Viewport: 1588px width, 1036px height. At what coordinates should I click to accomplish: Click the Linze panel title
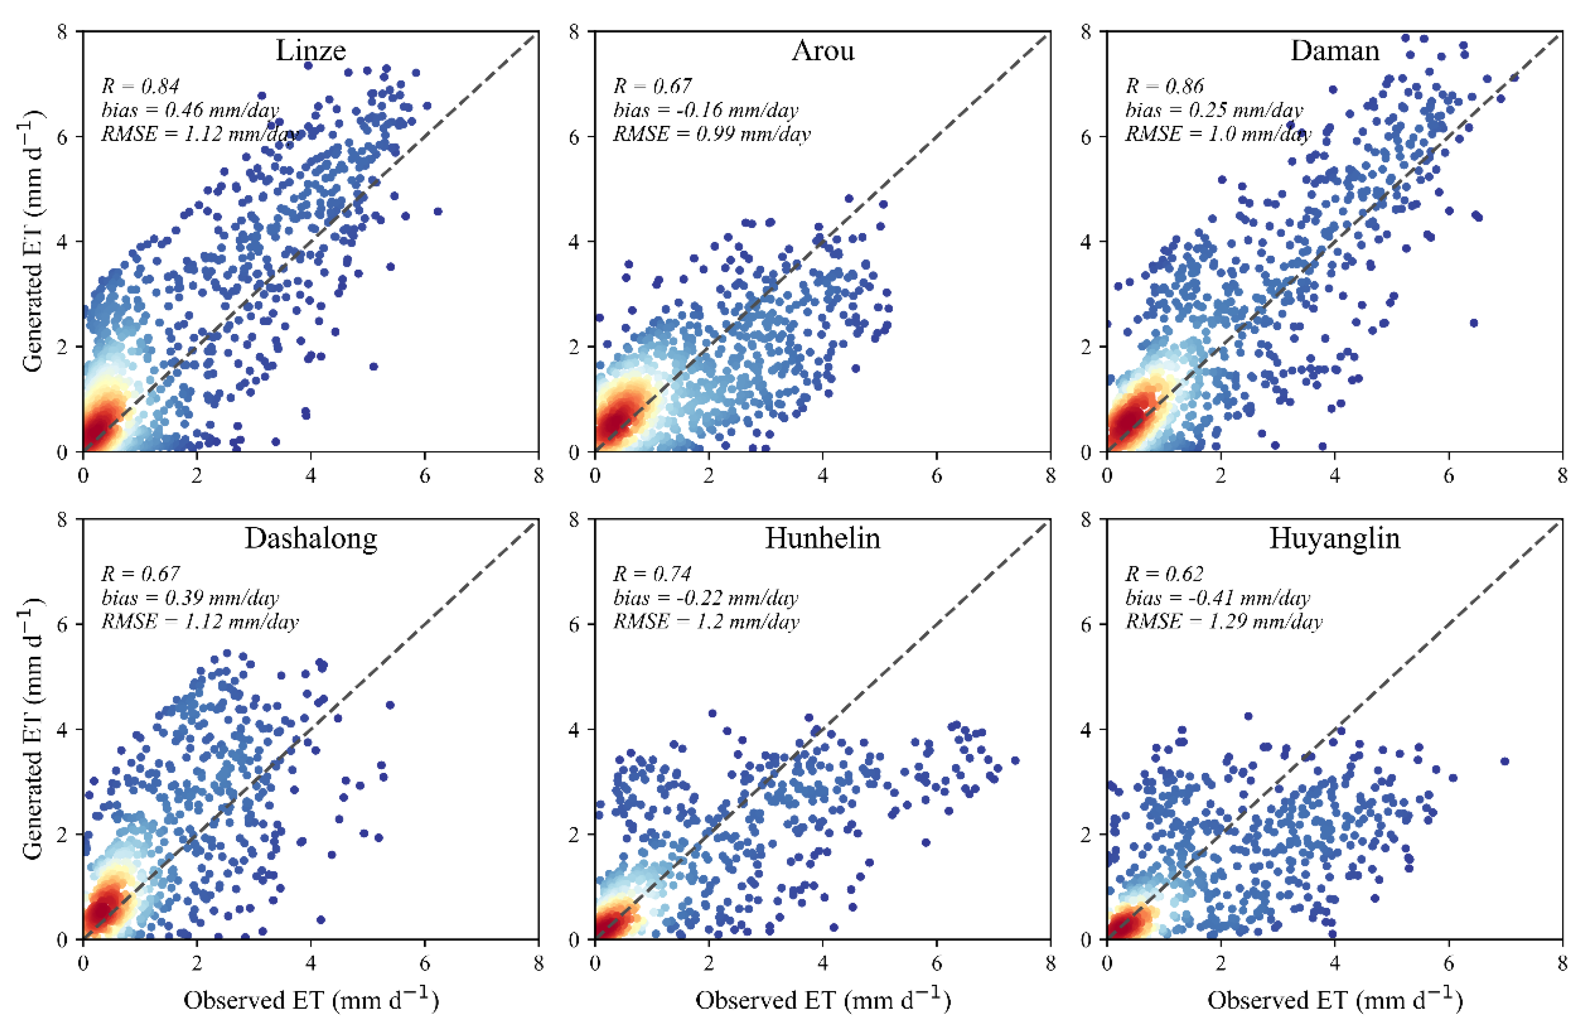(310, 51)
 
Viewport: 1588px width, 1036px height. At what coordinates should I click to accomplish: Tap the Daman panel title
(1335, 51)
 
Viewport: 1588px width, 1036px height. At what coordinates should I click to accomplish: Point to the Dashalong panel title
(310, 538)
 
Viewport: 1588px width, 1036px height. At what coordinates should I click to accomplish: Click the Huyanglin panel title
(1335, 538)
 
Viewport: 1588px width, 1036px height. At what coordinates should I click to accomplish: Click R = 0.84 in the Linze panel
(140, 86)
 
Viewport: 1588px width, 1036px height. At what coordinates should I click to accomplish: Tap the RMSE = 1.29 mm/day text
(1223, 622)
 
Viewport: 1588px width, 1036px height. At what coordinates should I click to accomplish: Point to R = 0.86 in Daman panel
(1164, 86)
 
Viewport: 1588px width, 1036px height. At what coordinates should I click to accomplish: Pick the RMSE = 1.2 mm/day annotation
(705, 622)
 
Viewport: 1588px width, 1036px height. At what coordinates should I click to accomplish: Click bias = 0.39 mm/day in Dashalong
(190, 598)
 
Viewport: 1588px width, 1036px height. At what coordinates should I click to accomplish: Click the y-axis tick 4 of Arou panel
(574, 241)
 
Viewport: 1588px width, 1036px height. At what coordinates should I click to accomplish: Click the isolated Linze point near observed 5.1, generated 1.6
(374, 366)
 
